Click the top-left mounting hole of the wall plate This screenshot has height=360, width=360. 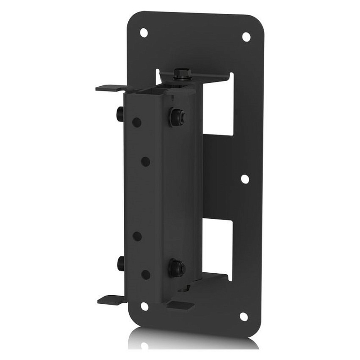click(x=144, y=32)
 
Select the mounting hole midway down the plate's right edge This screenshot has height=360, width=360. click(x=245, y=179)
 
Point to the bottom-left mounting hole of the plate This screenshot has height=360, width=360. click(x=144, y=306)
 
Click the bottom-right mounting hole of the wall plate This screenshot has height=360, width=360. click(x=243, y=316)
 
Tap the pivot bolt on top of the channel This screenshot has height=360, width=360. click(x=182, y=74)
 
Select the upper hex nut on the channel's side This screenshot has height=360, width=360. click(x=176, y=117)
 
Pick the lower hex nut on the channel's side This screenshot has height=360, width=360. click(x=176, y=268)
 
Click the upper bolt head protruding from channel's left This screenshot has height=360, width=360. click(x=120, y=113)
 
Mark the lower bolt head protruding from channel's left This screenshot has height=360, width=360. click(x=120, y=263)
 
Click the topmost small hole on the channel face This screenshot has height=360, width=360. click(x=137, y=122)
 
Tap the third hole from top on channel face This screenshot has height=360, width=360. click(x=137, y=236)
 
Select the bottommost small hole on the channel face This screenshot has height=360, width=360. click(x=145, y=274)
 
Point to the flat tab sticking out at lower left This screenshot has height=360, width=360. click(x=111, y=299)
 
